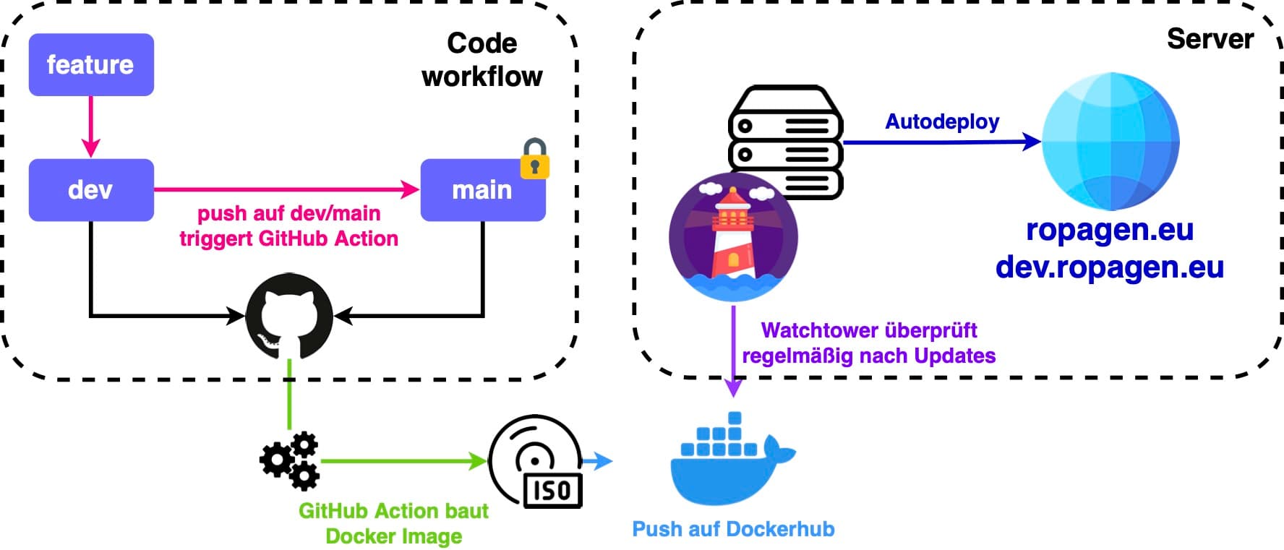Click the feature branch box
tap(91, 65)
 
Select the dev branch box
tap(91, 190)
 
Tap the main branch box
tap(482, 190)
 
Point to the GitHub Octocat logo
tap(289, 316)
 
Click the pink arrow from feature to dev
tap(91, 126)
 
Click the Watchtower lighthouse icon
tap(733, 237)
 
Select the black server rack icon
tap(785, 142)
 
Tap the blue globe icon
tap(1110, 141)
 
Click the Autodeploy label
tap(942, 121)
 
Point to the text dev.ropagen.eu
tap(1110, 267)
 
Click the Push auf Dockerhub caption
tap(733, 529)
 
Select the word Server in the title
tap(1210, 39)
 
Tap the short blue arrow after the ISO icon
tap(597, 461)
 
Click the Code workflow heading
tap(482, 60)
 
